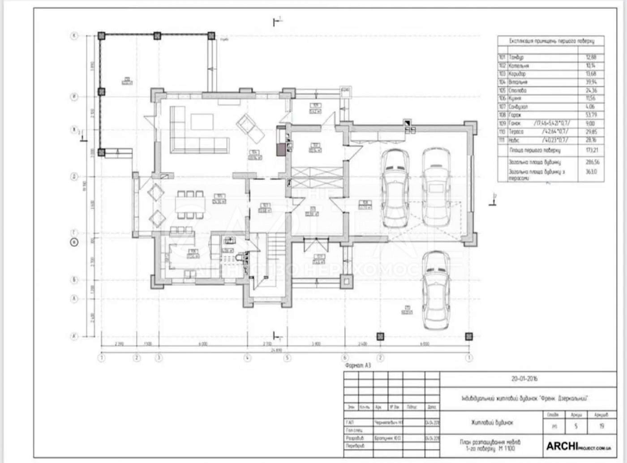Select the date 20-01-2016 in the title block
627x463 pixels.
524,379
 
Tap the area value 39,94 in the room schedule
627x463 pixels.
591,82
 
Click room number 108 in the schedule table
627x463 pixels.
502,115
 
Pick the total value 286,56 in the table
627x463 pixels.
591,162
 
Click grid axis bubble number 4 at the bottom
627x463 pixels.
247,358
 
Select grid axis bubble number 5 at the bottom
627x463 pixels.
288,358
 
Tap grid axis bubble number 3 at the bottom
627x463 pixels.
158,358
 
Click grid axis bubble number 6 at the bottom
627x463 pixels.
345,358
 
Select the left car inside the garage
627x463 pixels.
395,188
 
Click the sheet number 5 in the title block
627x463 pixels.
576,426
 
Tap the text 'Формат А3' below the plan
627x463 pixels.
358,366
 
